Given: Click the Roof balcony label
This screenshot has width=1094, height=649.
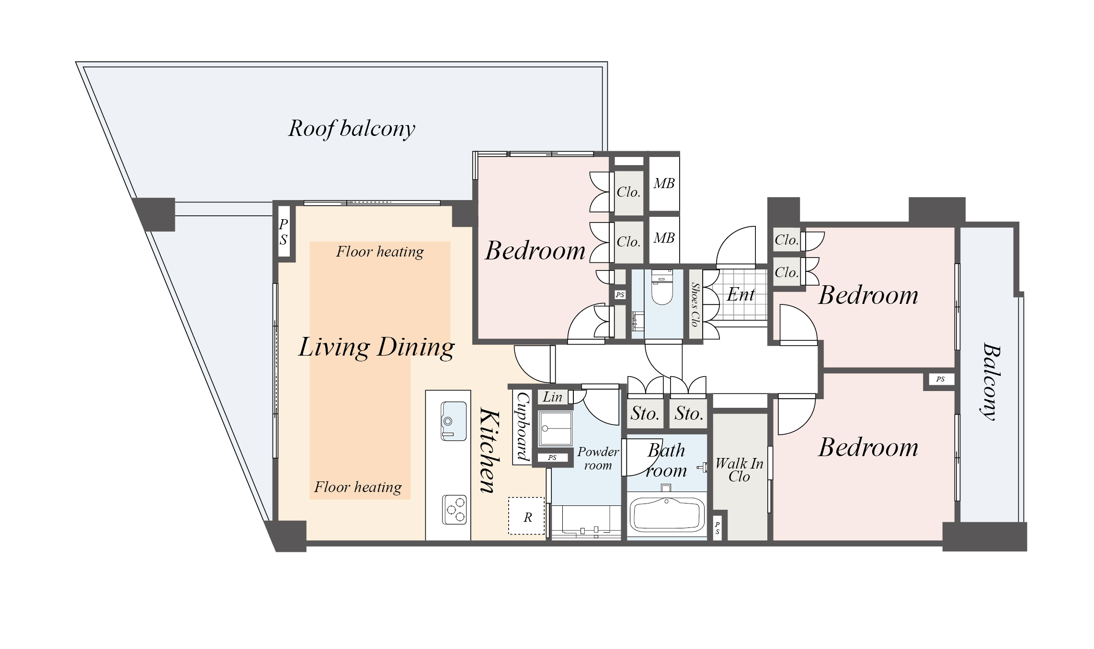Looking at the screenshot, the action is tap(352, 129).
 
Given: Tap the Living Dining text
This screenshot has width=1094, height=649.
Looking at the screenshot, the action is tap(376, 347).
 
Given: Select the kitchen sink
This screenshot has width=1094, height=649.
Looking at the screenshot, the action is tap(454, 421).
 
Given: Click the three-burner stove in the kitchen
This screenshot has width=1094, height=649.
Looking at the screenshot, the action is tap(454, 509).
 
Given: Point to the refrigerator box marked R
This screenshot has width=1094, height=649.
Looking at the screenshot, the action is tap(526, 516).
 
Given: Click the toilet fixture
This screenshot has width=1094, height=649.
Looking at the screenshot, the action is tap(662, 287).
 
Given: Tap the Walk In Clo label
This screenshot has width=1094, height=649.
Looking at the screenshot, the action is tap(739, 470).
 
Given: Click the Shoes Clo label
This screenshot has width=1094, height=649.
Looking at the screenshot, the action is tap(695, 304).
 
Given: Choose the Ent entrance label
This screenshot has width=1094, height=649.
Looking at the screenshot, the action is tap(741, 294).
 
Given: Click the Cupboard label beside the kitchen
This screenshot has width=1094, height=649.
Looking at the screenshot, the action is tap(523, 426).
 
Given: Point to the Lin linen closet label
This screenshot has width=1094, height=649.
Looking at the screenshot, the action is tap(552, 397).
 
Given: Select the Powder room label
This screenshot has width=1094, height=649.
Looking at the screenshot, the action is tap(598, 459).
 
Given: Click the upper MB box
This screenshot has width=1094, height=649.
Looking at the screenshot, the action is tap(664, 183).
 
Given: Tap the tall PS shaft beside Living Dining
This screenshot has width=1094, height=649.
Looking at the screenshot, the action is tap(284, 232).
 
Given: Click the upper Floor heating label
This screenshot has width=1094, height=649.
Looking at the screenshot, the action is tap(380, 252).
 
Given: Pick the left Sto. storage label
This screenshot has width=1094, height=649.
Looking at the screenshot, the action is tap(645, 413).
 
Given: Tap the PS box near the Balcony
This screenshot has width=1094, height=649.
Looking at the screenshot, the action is tap(940, 379).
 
